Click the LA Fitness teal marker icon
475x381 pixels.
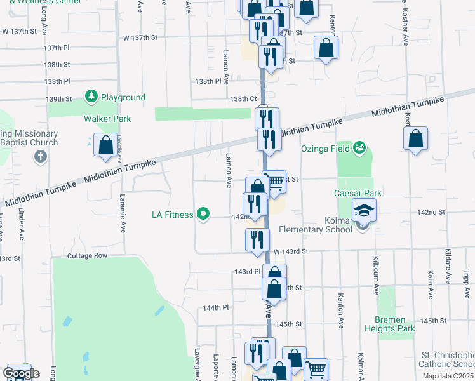[x=203, y=215]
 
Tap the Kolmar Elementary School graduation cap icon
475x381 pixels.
[x=365, y=210]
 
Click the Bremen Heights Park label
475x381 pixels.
[x=390, y=324]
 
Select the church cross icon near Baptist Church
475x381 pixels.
[x=39, y=156]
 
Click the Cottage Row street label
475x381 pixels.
[x=87, y=255]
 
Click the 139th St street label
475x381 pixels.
[x=58, y=99]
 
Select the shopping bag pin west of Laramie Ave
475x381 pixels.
[x=105, y=145]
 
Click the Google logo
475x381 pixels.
[x=20, y=373]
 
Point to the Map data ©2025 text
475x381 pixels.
[x=448, y=376]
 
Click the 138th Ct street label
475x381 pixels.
[x=243, y=99]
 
